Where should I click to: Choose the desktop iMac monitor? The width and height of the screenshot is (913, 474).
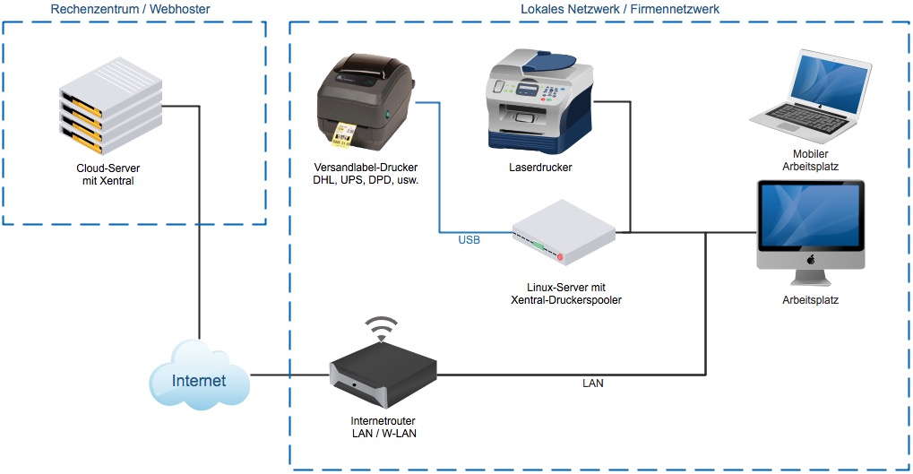point(811,224)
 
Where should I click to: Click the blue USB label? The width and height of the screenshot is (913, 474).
point(469,240)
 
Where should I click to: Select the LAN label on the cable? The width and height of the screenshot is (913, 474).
point(593,384)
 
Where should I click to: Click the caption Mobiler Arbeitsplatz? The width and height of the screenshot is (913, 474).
point(809,159)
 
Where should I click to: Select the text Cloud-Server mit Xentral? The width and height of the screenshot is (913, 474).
point(110,174)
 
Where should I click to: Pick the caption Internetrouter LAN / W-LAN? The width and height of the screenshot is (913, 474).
point(383,427)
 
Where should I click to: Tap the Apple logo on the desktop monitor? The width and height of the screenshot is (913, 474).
point(810,260)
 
